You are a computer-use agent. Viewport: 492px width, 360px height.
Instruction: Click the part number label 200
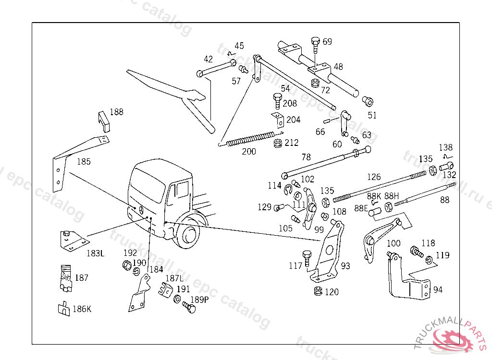coord(249,152)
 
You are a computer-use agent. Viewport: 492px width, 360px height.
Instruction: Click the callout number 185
coord(84,162)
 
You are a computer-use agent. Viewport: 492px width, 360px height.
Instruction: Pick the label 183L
coord(95,252)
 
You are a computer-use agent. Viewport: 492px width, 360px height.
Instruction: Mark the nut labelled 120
coord(317,291)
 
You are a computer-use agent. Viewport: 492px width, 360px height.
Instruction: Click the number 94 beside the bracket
coord(438,289)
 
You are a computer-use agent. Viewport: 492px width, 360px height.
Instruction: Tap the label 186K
coord(81,309)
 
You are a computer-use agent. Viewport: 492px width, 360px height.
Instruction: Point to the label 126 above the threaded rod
coord(374,177)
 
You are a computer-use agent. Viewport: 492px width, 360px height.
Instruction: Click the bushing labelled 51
coord(368,101)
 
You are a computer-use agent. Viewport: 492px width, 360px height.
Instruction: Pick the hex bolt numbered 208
coord(277,101)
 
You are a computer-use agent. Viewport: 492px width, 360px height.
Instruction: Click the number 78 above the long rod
coord(306,157)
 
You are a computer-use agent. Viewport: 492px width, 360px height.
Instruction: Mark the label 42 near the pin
coord(208,60)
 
